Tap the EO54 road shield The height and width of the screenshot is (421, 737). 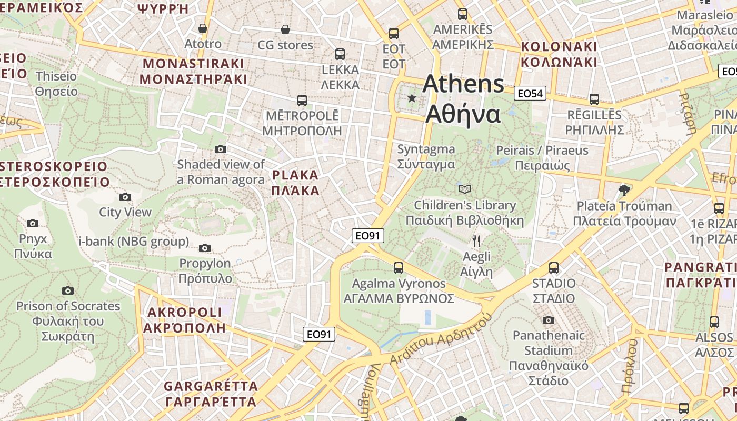(x=530, y=94)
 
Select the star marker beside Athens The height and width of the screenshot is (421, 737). (x=412, y=98)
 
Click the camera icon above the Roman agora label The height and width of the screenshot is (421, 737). (x=221, y=149)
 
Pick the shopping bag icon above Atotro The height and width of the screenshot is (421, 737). (x=202, y=28)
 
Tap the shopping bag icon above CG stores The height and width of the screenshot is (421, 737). (x=285, y=29)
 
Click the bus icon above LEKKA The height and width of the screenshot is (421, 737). (x=340, y=54)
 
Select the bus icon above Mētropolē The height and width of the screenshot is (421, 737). (x=302, y=100)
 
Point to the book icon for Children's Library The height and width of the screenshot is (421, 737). (x=464, y=189)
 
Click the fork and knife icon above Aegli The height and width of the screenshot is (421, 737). (x=476, y=241)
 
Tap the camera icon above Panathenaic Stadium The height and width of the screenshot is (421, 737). (x=548, y=320)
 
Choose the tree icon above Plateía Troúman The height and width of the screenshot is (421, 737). (x=624, y=189)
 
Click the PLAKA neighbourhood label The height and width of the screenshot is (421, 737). (x=296, y=183)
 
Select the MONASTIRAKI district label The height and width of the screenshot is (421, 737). (x=194, y=71)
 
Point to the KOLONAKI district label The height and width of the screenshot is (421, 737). (x=559, y=54)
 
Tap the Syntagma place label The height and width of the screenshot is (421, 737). (x=426, y=156)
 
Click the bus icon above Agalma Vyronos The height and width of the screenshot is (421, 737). (x=399, y=268)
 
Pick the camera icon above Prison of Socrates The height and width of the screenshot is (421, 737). (x=67, y=290)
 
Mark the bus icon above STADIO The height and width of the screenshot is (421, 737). (x=553, y=268)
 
